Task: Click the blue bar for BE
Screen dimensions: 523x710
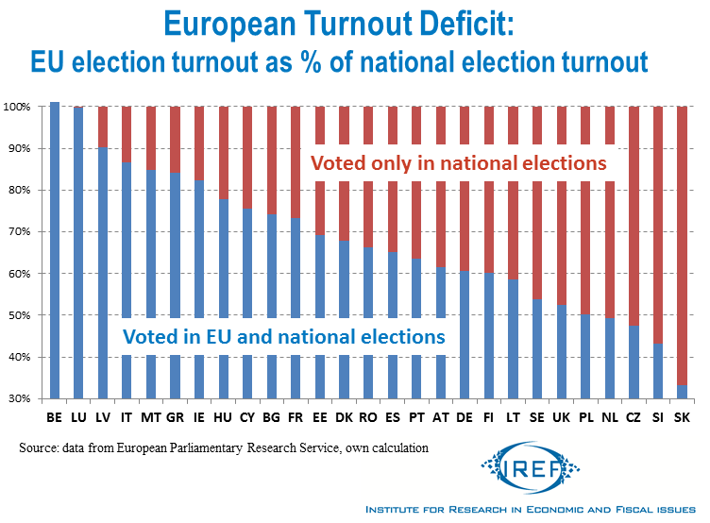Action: [x=55, y=250]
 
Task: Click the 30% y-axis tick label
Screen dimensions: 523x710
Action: [x=18, y=399]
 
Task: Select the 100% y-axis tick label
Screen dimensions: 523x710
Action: [x=16, y=107]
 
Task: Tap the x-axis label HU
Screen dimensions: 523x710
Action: [x=224, y=416]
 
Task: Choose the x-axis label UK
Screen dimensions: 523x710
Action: [x=563, y=416]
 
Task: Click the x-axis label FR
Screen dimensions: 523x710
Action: [x=296, y=416]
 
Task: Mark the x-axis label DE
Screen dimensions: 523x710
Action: [x=465, y=416]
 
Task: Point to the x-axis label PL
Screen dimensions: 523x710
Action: [x=586, y=416]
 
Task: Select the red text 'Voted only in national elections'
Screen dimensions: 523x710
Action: [x=459, y=163]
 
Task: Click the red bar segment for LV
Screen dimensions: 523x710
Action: [x=103, y=127]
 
